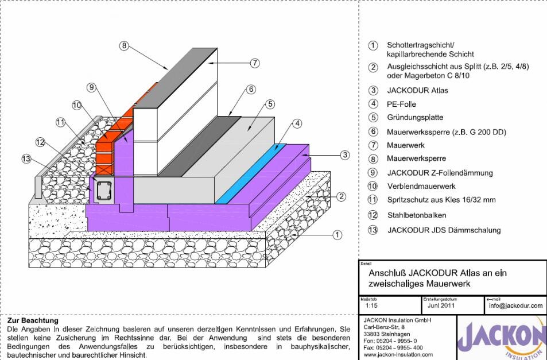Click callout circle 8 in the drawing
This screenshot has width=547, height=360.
click(x=123, y=46)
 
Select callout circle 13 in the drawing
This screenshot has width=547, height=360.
click(x=26, y=159)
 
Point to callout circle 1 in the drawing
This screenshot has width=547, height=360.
click(x=337, y=234)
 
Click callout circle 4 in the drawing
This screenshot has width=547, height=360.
click(x=297, y=122)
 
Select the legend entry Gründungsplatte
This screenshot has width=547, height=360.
click(x=414, y=118)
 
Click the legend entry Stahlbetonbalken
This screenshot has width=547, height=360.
click(x=416, y=215)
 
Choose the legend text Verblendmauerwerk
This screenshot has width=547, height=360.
click(x=420, y=186)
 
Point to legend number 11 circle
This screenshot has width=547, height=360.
click(x=373, y=200)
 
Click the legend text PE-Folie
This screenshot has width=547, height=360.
click(x=401, y=104)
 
